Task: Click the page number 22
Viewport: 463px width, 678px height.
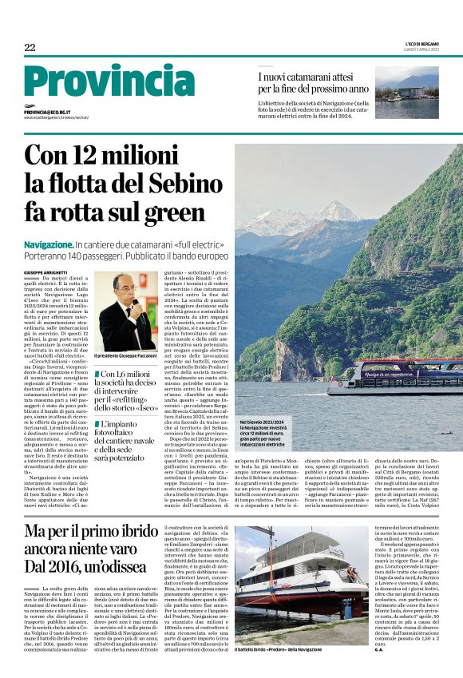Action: point(30,48)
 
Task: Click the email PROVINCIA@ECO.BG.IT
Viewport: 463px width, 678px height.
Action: point(47,113)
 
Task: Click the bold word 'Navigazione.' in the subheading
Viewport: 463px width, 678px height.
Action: point(48,243)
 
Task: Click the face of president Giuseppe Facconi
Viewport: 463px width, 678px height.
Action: point(122,288)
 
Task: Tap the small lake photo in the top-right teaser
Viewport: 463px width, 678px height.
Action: point(406,97)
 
